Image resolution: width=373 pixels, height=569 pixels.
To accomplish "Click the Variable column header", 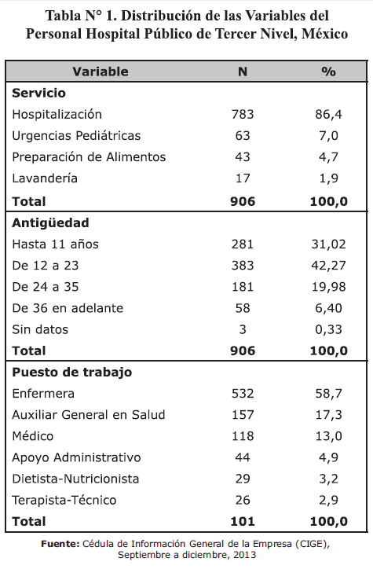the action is (101, 72).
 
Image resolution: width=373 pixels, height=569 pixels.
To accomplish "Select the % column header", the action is (328, 72).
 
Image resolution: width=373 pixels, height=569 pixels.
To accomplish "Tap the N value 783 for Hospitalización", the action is (243, 114).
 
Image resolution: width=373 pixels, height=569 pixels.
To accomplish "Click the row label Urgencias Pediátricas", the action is (76, 136).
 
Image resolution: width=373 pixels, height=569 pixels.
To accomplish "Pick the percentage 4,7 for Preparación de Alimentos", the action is (328, 157).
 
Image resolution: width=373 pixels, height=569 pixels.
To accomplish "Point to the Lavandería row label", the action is (45, 178).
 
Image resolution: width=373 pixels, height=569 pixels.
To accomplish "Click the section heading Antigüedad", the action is (50, 222).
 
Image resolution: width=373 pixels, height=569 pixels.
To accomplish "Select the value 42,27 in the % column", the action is (328, 266).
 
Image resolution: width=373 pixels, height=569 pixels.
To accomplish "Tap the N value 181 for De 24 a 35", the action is (243, 287).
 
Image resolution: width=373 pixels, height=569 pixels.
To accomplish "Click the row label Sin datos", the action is (40, 329).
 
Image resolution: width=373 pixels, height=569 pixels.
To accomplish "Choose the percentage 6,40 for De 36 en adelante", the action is (328, 308).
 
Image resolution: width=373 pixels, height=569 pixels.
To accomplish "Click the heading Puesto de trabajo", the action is (71, 373).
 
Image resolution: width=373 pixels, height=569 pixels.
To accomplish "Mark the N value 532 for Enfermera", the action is (243, 394).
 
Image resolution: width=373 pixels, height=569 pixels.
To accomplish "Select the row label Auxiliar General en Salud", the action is (89, 415).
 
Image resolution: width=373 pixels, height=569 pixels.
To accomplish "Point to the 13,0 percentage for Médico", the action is (328, 436).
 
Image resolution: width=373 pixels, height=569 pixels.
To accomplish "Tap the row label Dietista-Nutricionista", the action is (75, 479).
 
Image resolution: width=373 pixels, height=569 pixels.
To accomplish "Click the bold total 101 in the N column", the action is (243, 522).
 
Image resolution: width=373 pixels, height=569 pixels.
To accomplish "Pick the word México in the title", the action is (324, 34).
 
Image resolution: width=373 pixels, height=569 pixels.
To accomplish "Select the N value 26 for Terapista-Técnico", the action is (243, 500).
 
